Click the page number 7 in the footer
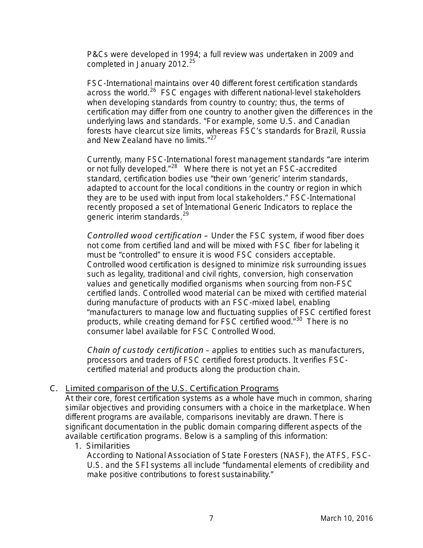(211, 518)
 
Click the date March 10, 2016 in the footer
(346, 518)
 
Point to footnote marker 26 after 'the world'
(153, 90)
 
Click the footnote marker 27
(213, 138)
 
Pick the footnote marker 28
(174, 167)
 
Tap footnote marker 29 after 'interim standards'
(186, 214)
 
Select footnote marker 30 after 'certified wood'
(299, 319)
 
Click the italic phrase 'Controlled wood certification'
(144, 236)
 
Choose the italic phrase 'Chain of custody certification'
(145, 350)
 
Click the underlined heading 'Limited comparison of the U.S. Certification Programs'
(172, 389)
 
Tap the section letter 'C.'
(54, 389)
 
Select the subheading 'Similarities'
(108, 446)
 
